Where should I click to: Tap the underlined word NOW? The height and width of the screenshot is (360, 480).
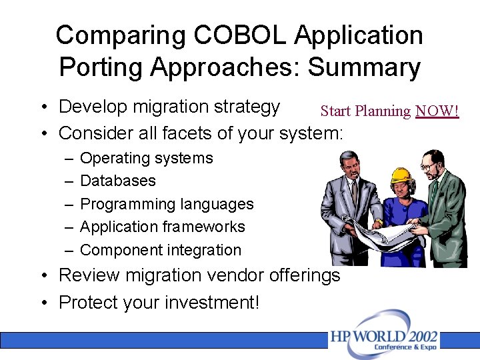(x=437, y=111)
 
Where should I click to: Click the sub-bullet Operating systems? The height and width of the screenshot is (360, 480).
(x=146, y=158)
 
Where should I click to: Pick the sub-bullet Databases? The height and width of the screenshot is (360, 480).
(x=117, y=181)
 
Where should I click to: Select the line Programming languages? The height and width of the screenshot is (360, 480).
(x=167, y=204)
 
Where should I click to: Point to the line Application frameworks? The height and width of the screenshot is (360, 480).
(x=162, y=227)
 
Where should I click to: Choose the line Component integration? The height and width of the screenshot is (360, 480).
(x=160, y=250)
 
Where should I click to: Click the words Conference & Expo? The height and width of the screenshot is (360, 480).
(x=405, y=347)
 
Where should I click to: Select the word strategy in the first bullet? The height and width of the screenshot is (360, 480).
(x=247, y=107)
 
